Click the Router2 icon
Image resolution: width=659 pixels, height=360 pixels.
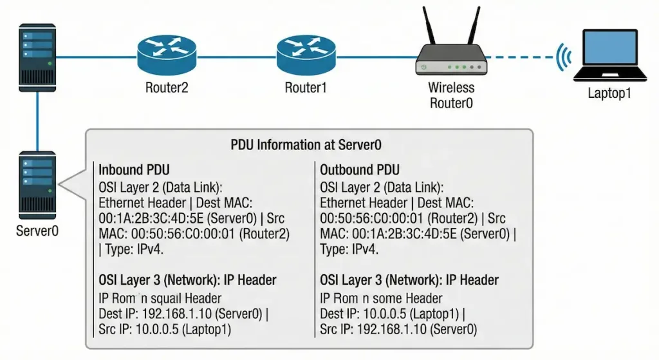[x=166, y=55]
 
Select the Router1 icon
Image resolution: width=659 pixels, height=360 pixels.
[x=306, y=55]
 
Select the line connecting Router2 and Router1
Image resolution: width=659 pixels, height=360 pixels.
[x=236, y=56]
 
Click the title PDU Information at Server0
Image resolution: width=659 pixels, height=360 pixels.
[x=309, y=145]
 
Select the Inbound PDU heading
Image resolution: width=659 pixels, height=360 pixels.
[x=134, y=170]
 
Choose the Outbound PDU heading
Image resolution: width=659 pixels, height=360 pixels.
[x=359, y=170]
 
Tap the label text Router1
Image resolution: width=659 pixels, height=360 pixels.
[x=306, y=88]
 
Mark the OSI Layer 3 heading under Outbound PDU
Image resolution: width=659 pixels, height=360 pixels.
[x=409, y=280]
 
